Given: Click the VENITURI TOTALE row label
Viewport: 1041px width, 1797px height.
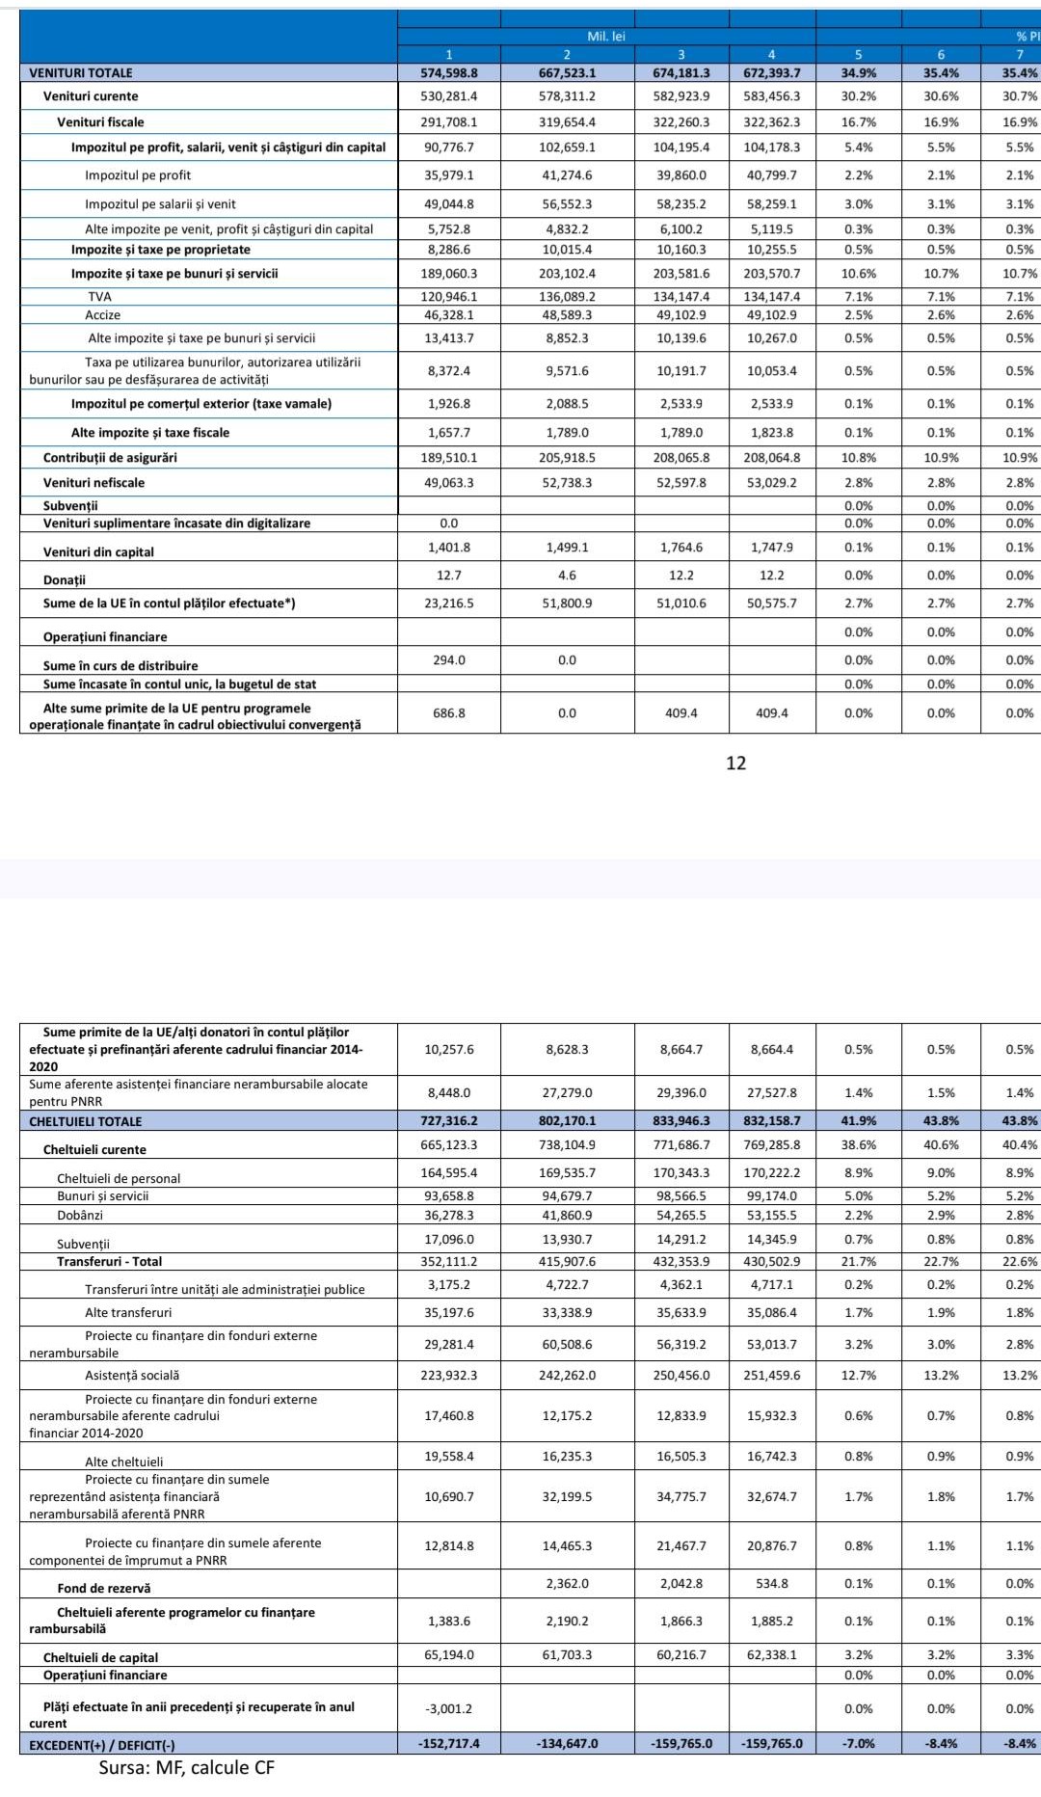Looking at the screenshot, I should (81, 72).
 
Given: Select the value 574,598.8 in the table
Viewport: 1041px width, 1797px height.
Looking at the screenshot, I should (449, 72).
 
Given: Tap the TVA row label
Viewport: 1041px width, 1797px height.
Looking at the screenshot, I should (99, 297).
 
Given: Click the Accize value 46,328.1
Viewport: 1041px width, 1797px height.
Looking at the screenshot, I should (449, 315).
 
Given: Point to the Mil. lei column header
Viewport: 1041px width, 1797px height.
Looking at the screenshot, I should (606, 36).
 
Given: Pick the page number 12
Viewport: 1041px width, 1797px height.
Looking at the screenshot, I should (735, 764).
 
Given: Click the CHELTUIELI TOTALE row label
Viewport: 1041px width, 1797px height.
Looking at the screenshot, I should (86, 1121).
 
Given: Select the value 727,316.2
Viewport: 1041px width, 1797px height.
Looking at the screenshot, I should (449, 1121).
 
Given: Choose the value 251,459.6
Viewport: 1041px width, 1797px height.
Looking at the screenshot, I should (771, 1376).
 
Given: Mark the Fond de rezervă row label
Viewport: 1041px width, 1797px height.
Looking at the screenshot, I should (104, 1588).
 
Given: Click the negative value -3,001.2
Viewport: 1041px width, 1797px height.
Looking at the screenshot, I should (449, 1708).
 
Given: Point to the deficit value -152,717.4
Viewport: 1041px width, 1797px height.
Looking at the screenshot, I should (449, 1743).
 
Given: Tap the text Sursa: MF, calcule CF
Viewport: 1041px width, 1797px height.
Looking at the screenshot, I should (186, 1768).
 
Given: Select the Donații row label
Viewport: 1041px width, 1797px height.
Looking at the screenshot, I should (65, 580).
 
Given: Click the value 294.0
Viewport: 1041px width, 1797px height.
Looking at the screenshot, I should (449, 660).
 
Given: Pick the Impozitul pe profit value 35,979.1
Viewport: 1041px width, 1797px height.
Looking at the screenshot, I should (449, 175).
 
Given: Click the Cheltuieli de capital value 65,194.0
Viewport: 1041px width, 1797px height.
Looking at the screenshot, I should (449, 1654).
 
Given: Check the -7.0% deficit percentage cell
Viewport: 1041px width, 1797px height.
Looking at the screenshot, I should (858, 1743).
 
